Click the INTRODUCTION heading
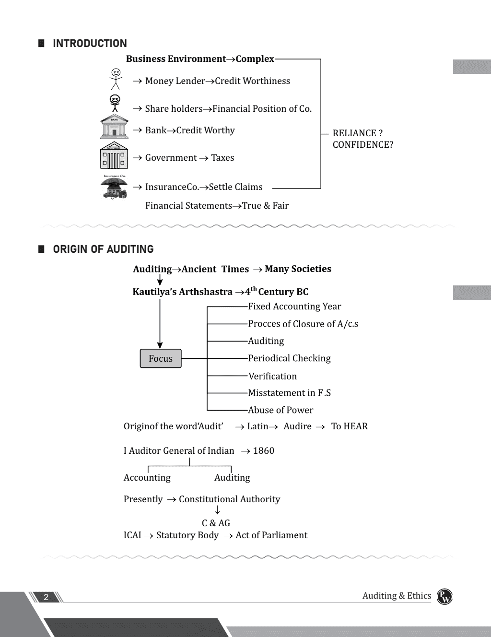click(x=90, y=43)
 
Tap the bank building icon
click(x=114, y=126)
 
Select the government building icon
click(x=114, y=155)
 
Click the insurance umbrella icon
click(x=114, y=187)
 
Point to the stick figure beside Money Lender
click(x=116, y=79)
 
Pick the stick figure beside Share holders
click(x=115, y=103)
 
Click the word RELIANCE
click(x=354, y=133)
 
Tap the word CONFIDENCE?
click(x=363, y=144)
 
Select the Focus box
click(x=161, y=358)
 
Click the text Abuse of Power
click(x=281, y=410)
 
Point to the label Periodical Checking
click(x=289, y=358)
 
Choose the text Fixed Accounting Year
click(x=294, y=307)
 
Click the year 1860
click(x=264, y=450)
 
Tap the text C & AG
click(x=216, y=523)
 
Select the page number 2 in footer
click(x=46, y=597)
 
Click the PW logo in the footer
click(x=444, y=597)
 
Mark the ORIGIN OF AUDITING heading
click(x=103, y=249)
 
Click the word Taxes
click(x=222, y=158)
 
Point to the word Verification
click(x=272, y=376)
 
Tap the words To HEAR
click(x=349, y=426)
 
